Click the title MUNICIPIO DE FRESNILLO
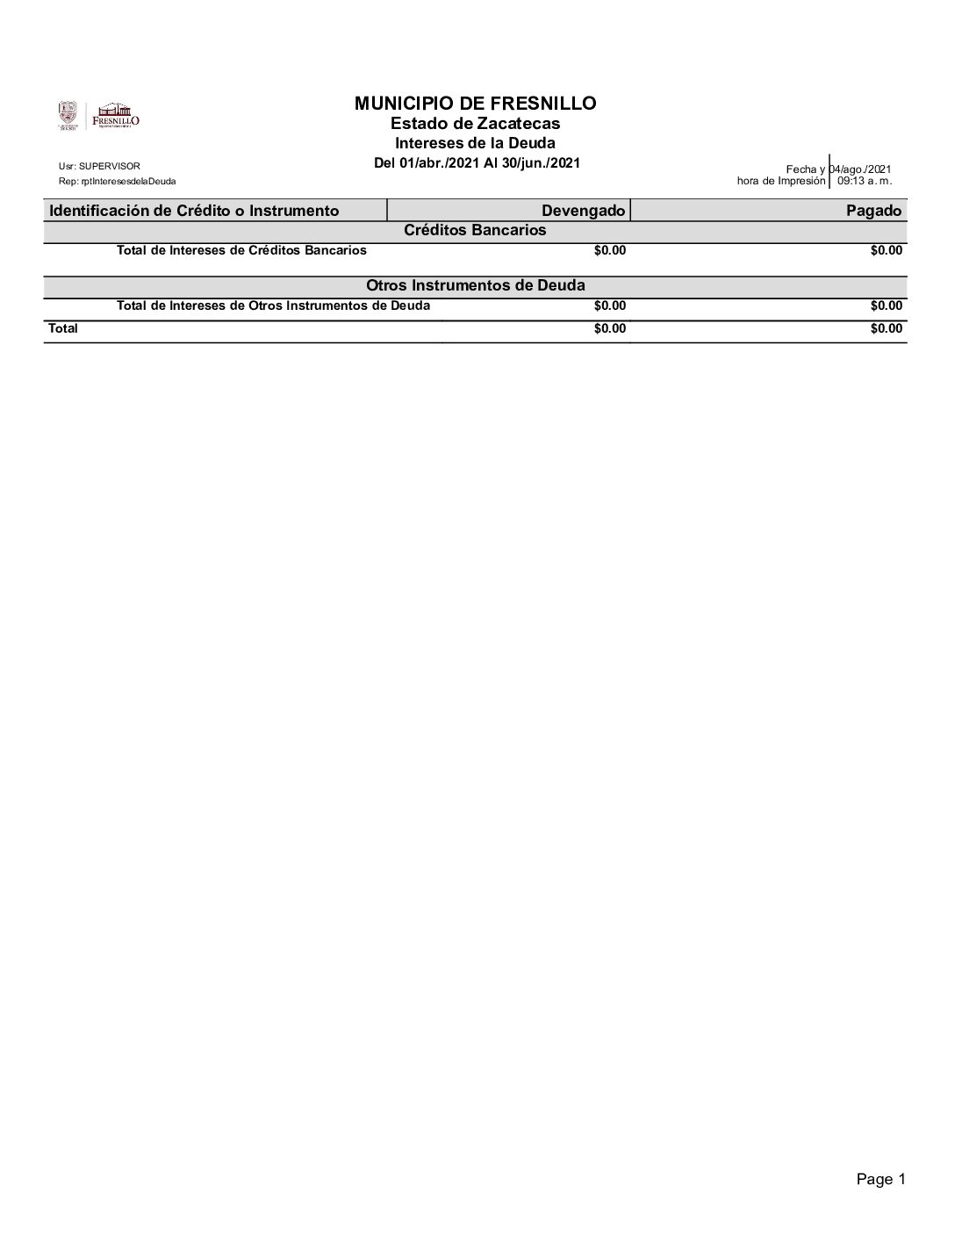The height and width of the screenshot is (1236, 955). point(475,104)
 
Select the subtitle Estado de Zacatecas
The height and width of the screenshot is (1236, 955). point(475,124)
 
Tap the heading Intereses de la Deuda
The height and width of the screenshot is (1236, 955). point(475,143)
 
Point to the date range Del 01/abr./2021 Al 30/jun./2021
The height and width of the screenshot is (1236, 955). point(477,162)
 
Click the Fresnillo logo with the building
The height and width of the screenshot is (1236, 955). point(115,116)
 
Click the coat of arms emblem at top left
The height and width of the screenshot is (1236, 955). point(68,115)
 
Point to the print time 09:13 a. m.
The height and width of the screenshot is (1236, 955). point(865,181)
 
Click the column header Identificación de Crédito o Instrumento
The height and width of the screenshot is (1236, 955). point(194,211)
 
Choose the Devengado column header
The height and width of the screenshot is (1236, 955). point(583,211)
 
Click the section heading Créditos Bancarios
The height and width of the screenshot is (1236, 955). point(475,230)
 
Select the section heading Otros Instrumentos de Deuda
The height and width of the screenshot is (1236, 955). point(475,285)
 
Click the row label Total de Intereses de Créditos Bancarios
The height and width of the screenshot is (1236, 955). point(241,250)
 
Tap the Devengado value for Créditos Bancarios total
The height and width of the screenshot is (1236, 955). point(609,250)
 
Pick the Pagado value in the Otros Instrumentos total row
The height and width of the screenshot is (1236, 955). point(886,306)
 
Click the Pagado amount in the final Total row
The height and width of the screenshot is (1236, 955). point(886,328)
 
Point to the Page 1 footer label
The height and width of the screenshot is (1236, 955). point(880,1180)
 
